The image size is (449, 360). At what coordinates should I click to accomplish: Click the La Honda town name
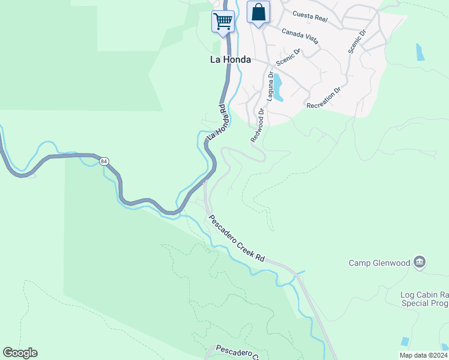coord(230,60)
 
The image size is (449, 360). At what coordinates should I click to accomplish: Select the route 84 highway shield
coord(104,161)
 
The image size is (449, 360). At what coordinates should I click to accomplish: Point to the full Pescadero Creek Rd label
coord(236,238)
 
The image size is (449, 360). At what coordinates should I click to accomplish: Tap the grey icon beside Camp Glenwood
coord(420,262)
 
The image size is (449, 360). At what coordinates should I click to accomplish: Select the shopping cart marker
coord(223,22)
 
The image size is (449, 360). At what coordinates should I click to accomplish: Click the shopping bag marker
coord(258,12)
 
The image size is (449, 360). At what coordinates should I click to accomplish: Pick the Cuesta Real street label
coord(310,16)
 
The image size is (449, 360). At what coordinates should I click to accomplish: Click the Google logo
coord(20,353)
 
